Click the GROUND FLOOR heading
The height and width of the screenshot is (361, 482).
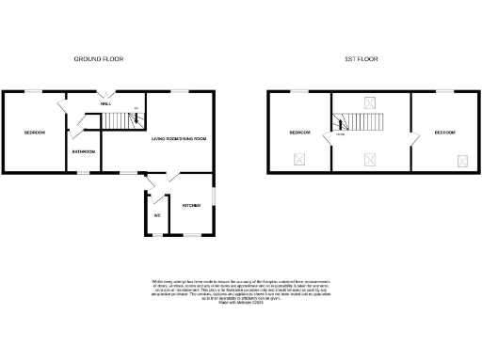[99, 58]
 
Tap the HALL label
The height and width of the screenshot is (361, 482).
[106, 103]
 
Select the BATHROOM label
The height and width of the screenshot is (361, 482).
[82, 151]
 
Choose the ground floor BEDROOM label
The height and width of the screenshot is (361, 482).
[35, 133]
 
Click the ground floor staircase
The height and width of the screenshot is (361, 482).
[119, 119]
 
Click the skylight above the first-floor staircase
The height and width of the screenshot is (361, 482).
[369, 102]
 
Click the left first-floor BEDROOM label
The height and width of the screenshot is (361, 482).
[300, 133]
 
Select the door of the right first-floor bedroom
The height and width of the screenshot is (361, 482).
[412, 141]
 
